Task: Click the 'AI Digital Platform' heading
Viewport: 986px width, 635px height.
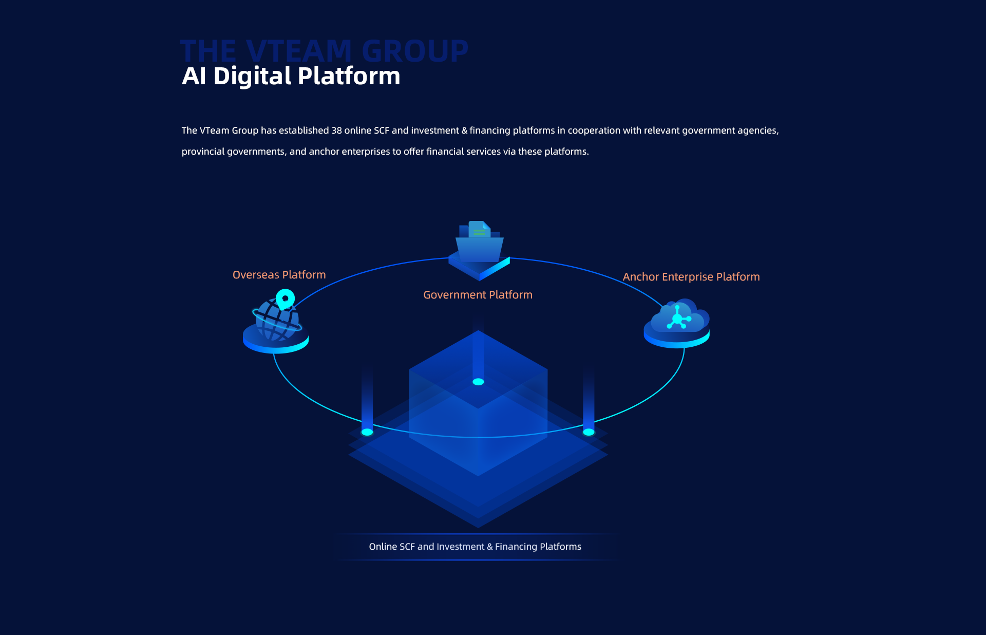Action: (291, 76)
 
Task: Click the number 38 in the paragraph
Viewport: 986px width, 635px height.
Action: (336, 130)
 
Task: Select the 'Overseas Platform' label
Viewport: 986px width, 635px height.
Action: (279, 275)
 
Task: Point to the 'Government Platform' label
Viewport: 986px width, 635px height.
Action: (478, 295)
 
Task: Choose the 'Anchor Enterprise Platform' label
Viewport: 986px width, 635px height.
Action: (691, 277)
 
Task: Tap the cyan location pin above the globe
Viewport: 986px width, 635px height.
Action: (285, 298)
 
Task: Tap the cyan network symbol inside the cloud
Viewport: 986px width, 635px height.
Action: (678, 319)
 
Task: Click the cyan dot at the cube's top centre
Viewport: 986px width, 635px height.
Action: (478, 382)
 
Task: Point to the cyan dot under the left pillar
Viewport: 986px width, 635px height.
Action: (367, 432)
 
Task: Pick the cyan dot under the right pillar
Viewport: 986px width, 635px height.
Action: (589, 432)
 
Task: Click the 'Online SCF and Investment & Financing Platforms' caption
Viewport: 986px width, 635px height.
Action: (475, 547)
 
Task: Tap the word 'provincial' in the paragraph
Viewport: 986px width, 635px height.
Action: (203, 152)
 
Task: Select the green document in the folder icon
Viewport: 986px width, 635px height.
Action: (479, 230)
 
